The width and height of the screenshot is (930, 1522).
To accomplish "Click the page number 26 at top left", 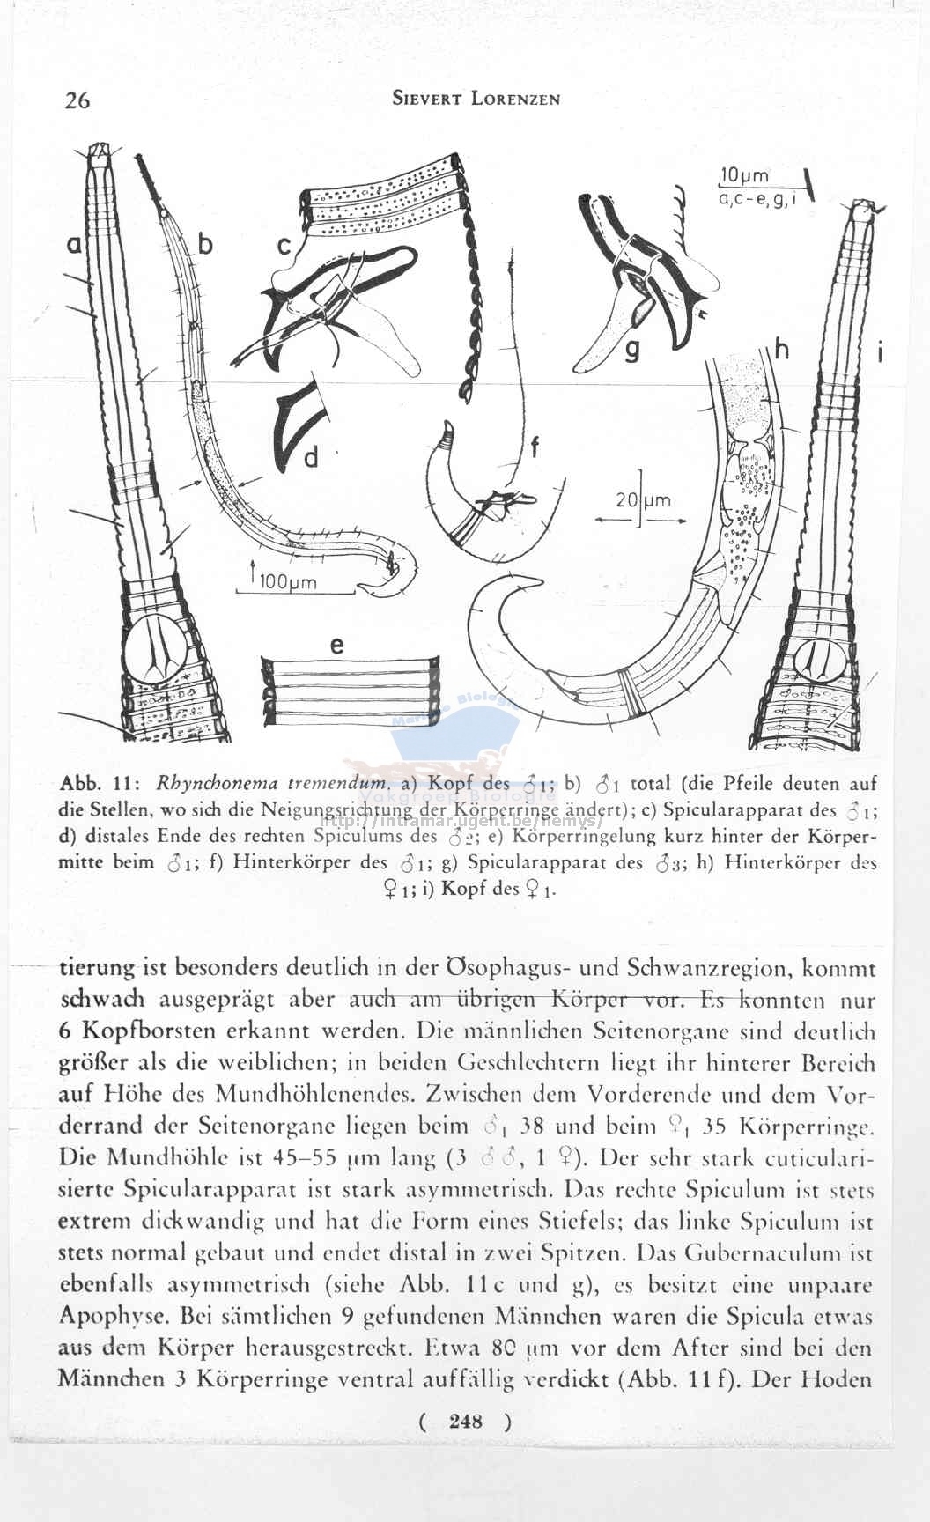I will click(77, 100).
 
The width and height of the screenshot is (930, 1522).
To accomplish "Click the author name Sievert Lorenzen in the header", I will click(476, 99).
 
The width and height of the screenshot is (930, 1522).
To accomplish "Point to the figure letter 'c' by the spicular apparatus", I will click(284, 247).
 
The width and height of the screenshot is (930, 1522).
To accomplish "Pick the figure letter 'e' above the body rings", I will click(336, 645).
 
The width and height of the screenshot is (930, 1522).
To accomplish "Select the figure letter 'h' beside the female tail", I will click(780, 349).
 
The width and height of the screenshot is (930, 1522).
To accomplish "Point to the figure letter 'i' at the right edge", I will click(879, 354).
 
